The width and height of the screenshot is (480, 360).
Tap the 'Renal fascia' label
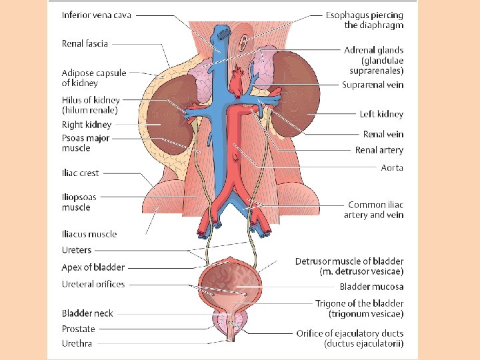tap(85, 44)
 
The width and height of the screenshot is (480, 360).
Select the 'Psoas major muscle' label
tap(86, 143)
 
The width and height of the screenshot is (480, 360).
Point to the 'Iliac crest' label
tap(80, 173)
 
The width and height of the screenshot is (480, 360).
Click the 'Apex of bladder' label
tap(93, 267)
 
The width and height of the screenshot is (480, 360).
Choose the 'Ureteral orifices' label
tap(93, 284)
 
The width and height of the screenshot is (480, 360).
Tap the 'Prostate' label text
tap(79, 329)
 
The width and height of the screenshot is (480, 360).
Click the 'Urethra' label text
tap(77, 343)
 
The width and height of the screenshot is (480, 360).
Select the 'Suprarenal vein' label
tap(373, 85)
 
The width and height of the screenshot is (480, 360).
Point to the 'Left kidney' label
tap(381, 114)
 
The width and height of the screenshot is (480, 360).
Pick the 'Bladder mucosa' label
tap(371, 287)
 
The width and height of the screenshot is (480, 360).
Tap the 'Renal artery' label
tap(379, 150)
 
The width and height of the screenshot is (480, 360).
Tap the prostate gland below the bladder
tap(229, 323)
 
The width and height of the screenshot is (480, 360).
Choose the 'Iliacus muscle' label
tap(89, 234)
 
